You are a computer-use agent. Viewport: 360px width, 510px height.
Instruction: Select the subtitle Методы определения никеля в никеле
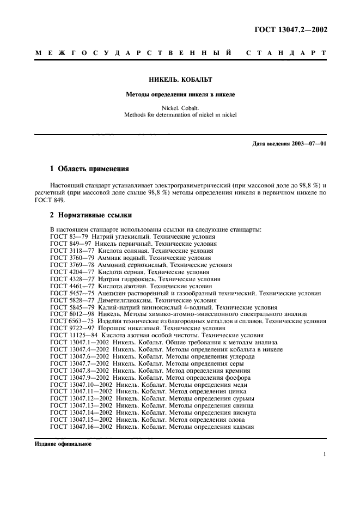point(180,94)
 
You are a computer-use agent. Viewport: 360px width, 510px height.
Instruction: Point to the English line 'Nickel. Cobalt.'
point(180,108)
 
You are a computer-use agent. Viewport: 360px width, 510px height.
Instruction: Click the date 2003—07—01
point(308,144)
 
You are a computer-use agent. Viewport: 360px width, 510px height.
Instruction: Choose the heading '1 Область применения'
point(89,169)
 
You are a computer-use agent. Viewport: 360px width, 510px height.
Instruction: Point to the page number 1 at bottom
point(325,454)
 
